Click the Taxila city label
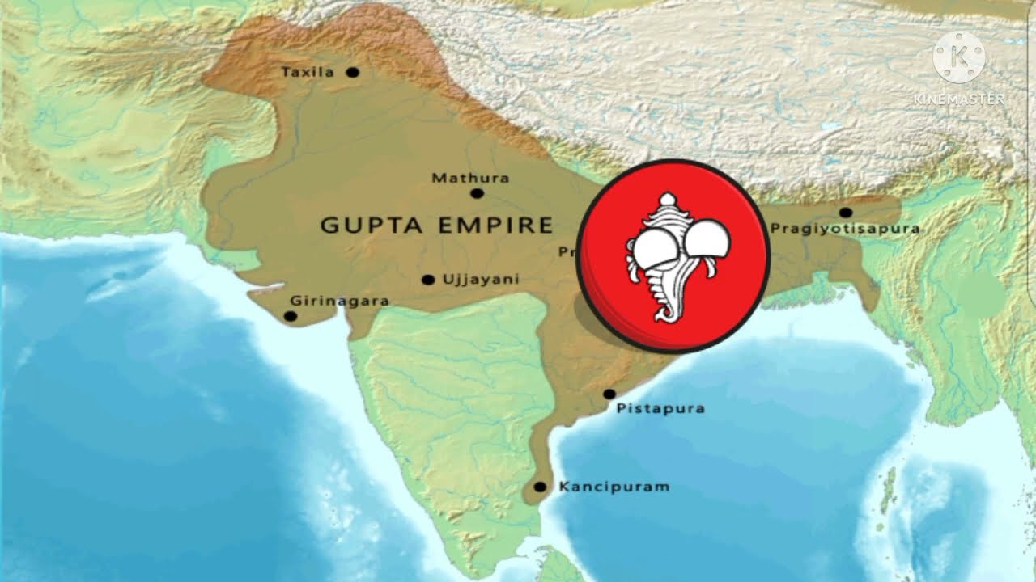coord(308,72)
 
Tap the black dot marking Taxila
coord(352,72)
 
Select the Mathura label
coord(470,178)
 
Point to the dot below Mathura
coord(477,193)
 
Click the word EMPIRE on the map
coord(495,226)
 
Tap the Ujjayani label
coord(481,280)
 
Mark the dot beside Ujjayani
coord(428,280)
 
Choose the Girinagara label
coord(340,301)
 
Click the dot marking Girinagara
coord(291,316)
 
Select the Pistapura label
coord(660,408)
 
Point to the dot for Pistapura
coord(609,394)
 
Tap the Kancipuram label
coord(614,487)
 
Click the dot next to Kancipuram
coord(540,487)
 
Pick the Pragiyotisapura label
coord(845,229)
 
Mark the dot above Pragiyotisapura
coord(845,213)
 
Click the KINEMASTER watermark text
coord(959,99)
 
